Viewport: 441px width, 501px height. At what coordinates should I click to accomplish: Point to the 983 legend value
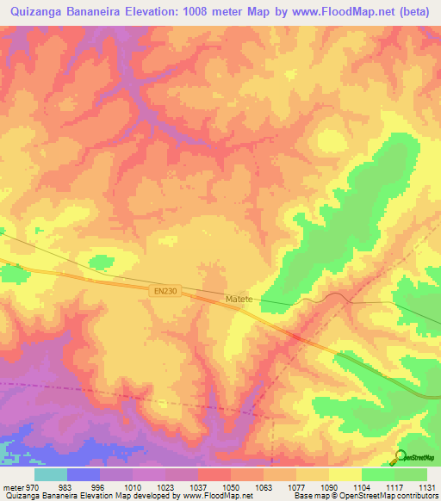point(65,487)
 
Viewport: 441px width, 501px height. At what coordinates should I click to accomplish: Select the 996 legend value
point(98,487)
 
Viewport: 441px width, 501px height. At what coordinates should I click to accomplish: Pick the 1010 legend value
point(132,487)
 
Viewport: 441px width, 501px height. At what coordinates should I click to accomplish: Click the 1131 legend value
point(426,487)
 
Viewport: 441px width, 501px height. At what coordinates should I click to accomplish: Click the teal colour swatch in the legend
point(51,474)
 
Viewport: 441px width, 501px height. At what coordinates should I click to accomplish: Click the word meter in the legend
point(11,487)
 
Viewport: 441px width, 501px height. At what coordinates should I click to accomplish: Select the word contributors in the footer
point(416,497)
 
